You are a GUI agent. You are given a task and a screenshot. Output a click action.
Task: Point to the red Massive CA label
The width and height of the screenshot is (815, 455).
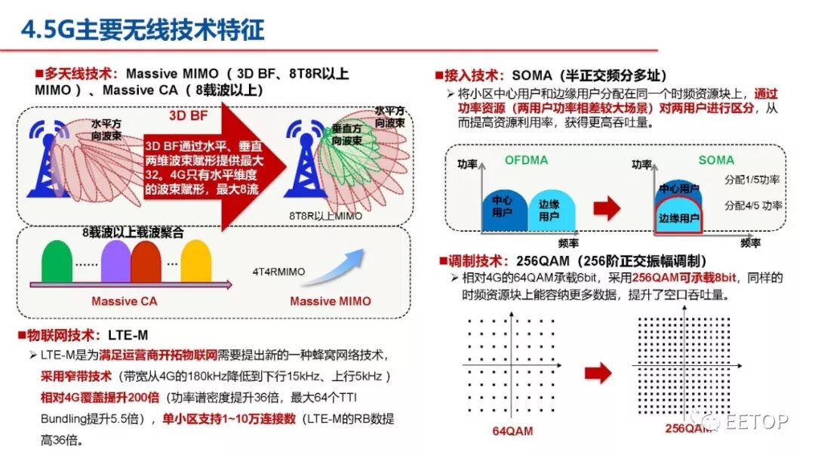pos(125,301)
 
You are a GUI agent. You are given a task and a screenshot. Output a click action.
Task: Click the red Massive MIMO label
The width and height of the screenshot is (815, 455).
pos(331,301)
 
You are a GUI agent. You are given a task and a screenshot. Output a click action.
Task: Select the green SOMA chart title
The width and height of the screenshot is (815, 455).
pos(715,160)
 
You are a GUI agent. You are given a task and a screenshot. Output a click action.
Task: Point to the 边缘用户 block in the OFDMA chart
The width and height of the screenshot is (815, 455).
pos(549,211)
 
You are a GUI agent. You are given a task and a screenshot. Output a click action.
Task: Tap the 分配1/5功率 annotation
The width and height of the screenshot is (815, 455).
pos(752,180)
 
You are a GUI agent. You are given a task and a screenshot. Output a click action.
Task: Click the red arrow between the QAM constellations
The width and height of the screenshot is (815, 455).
pos(598,372)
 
